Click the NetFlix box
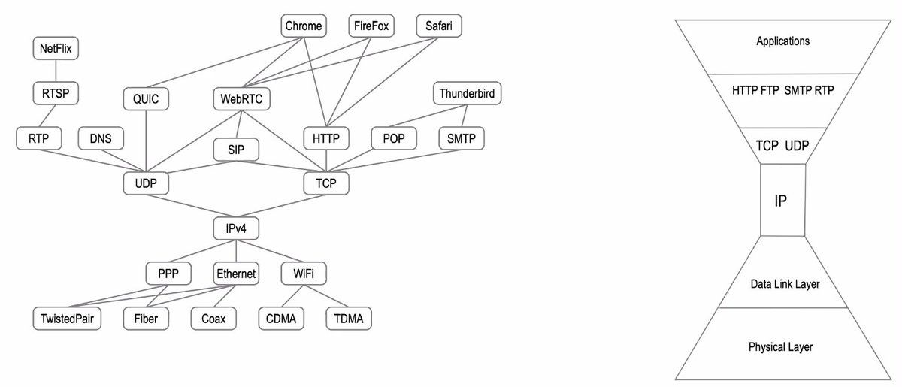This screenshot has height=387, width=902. (56, 49)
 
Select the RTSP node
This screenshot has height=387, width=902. (56, 94)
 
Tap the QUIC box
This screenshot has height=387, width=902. (147, 98)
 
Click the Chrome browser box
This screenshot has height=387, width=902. (304, 26)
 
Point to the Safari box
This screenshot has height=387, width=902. (440, 26)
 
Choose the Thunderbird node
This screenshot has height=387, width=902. (468, 94)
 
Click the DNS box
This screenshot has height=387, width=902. (101, 138)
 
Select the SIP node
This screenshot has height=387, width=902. (237, 150)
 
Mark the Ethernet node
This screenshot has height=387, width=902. (236, 274)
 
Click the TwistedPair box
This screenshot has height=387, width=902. (68, 319)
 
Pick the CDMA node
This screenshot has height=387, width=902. (281, 319)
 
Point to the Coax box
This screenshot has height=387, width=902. (213, 319)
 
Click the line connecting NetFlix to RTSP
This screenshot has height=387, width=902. (56, 71)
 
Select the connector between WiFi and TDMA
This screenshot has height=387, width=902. (325, 296)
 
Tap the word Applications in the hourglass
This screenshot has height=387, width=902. (782, 41)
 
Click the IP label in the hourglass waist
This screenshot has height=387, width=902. (781, 201)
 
